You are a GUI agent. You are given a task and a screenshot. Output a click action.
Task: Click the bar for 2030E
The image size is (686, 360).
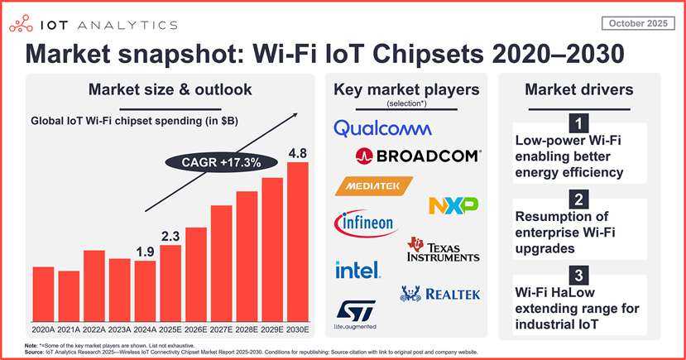297,240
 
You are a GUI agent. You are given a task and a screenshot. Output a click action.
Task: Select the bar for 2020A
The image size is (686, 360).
44,292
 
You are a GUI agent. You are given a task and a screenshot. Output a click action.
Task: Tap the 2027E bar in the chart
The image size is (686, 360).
221,262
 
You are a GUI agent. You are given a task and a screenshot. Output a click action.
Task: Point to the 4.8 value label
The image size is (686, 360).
297,152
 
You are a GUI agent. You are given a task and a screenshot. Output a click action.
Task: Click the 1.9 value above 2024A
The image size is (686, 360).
146,252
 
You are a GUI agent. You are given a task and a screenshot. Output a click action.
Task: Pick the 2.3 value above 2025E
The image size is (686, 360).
171,236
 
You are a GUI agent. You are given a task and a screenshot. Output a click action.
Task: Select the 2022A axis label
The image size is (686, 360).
94,328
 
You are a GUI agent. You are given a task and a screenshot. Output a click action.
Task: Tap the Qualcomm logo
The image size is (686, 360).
382,127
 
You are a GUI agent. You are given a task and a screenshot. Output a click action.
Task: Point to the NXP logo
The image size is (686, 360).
454,204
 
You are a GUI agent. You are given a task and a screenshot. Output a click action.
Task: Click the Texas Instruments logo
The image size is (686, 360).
443,250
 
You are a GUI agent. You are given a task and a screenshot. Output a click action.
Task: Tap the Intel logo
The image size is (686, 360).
357,270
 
